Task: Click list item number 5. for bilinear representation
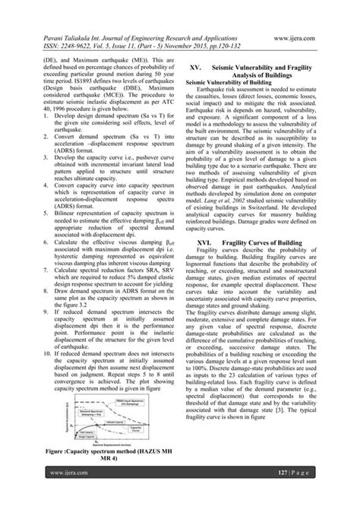43,238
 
